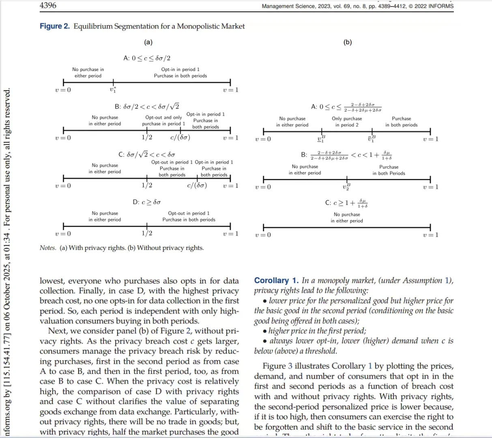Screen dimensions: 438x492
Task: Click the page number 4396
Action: click(48, 6)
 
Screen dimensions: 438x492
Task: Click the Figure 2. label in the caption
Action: click(54, 26)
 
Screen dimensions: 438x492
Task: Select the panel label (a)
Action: click(148, 42)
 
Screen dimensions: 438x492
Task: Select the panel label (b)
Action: click(348, 42)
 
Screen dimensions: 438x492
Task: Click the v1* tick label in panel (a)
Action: click(113, 90)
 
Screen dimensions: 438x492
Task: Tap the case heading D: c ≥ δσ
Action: click(147, 202)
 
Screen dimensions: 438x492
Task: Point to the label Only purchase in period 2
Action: click(347, 122)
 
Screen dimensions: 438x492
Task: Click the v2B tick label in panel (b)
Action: click(346, 187)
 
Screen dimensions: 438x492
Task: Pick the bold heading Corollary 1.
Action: click(276, 281)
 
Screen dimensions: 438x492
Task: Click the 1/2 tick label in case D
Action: click(147, 233)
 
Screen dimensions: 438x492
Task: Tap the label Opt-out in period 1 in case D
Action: click(189, 213)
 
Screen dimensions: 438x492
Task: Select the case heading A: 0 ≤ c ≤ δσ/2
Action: click(147, 58)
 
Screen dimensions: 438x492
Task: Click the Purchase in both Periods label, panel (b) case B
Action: click(389, 170)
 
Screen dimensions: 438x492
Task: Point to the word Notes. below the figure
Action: click(48, 248)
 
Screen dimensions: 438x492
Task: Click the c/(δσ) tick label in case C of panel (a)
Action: click(197, 186)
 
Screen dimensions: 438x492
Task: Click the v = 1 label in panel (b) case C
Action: click(430, 235)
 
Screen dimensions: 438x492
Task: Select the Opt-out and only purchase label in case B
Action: click(163, 120)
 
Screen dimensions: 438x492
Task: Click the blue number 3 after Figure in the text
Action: click(290, 366)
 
